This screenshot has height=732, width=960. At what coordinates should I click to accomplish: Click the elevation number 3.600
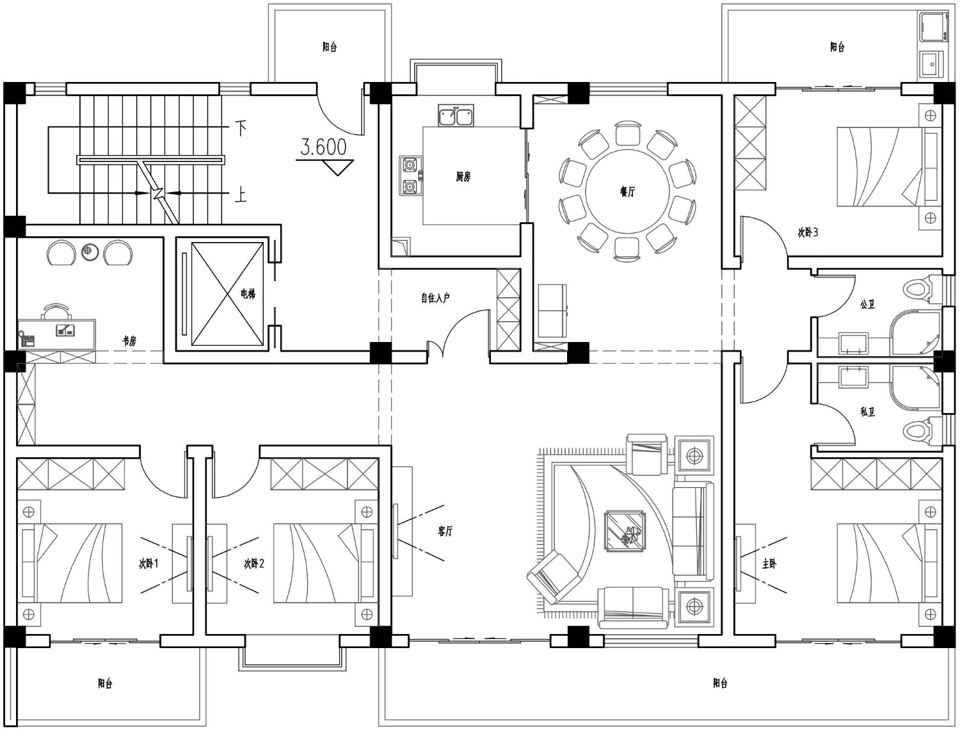(x=323, y=147)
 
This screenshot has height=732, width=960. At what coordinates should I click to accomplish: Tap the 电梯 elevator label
(x=248, y=293)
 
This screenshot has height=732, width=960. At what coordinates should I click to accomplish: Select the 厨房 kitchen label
(x=463, y=177)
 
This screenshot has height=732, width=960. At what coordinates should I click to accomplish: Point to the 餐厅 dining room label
(x=628, y=191)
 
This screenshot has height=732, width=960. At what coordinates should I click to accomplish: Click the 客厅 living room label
(x=445, y=532)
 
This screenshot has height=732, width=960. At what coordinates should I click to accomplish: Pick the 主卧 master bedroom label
(x=769, y=564)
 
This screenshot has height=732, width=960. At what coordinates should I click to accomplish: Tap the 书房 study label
(x=129, y=341)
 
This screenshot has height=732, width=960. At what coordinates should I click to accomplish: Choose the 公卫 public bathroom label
(x=868, y=304)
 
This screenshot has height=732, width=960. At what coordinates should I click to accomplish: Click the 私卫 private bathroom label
(x=868, y=411)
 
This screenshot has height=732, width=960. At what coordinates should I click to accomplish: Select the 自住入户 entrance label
(x=435, y=298)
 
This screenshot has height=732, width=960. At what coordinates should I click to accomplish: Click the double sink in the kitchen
(x=456, y=115)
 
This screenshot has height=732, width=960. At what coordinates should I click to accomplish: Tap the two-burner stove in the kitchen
(x=411, y=176)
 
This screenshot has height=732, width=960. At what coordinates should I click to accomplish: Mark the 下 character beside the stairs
(x=241, y=128)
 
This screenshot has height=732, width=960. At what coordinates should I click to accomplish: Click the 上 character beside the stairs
(x=241, y=195)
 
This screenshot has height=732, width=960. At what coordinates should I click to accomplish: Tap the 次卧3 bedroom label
(x=808, y=232)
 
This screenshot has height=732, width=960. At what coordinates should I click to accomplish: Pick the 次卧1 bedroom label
(x=148, y=564)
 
